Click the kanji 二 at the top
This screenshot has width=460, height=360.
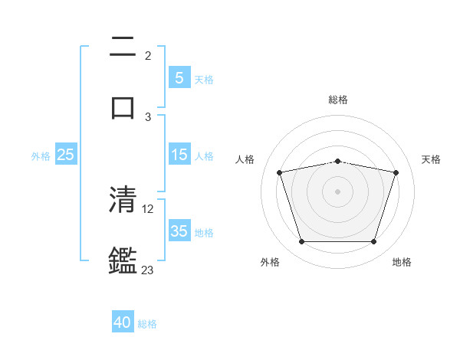pyautogui.click(x=123, y=48)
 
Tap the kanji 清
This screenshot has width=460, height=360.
pyautogui.click(x=123, y=200)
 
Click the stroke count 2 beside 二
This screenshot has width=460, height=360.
pyautogui.click(x=148, y=56)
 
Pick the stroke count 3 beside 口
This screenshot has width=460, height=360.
pyautogui.click(x=148, y=116)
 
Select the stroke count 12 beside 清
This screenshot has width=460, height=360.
pyautogui.click(x=149, y=208)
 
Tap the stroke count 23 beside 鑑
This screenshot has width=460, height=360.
pyautogui.click(x=148, y=270)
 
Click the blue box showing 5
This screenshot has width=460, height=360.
pyautogui.click(x=179, y=78)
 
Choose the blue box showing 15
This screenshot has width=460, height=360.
pyautogui.click(x=179, y=155)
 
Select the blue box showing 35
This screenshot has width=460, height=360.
pyautogui.click(x=179, y=231)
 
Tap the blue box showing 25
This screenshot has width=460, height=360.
pyautogui.click(x=65, y=155)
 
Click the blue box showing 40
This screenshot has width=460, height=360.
pyautogui.click(x=123, y=323)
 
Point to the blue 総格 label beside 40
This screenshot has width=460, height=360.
pyautogui.click(x=147, y=324)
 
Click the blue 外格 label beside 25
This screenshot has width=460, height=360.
pyautogui.click(x=41, y=155)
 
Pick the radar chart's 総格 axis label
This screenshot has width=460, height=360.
pyautogui.click(x=337, y=100)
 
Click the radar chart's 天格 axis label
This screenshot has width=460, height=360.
pyautogui.click(x=431, y=159)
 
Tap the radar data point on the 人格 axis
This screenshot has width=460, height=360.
pyautogui.click(x=280, y=172)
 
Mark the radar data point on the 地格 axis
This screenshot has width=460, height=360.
pyautogui.click(x=373, y=242)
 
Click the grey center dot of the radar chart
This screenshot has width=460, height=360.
pyautogui.click(x=337, y=191)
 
